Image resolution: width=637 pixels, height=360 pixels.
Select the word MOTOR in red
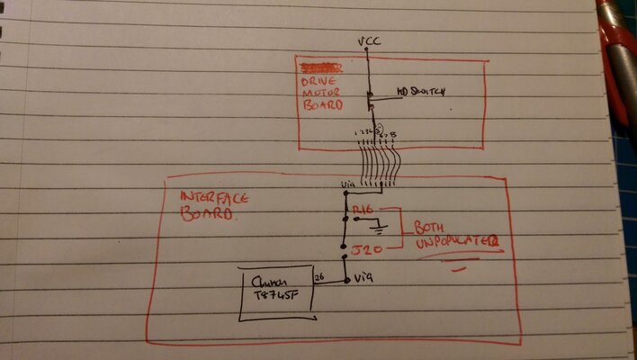pos(320,93)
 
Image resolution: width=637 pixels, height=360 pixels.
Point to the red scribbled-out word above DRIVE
pos(320,67)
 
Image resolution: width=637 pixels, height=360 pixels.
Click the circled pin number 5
pos(379,131)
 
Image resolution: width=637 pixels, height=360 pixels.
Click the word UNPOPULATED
pos(457,242)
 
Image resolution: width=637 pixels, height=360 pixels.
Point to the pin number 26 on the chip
pos(318,277)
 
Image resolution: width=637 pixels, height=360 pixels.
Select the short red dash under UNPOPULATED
pos(462,265)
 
